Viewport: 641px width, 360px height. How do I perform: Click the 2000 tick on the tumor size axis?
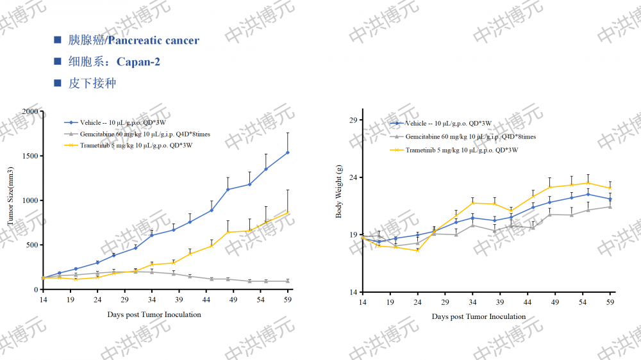pos(29,111)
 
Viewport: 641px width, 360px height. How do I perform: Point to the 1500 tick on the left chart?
pos(29,156)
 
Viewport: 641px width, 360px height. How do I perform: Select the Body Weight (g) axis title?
pos(339,191)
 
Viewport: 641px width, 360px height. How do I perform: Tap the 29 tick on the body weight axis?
pos(352,120)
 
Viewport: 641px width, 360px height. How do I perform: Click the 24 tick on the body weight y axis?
pos(352,177)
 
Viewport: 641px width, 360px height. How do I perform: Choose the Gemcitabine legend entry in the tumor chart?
pos(145,134)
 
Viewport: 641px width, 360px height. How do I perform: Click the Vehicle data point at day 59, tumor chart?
pos(288,152)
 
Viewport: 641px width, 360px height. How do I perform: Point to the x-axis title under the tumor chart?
pos(154,315)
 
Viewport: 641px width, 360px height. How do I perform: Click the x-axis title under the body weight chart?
pos(478,316)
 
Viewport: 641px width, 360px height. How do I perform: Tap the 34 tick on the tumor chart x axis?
pos(152,300)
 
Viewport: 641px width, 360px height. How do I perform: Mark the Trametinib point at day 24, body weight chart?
pos(418,250)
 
